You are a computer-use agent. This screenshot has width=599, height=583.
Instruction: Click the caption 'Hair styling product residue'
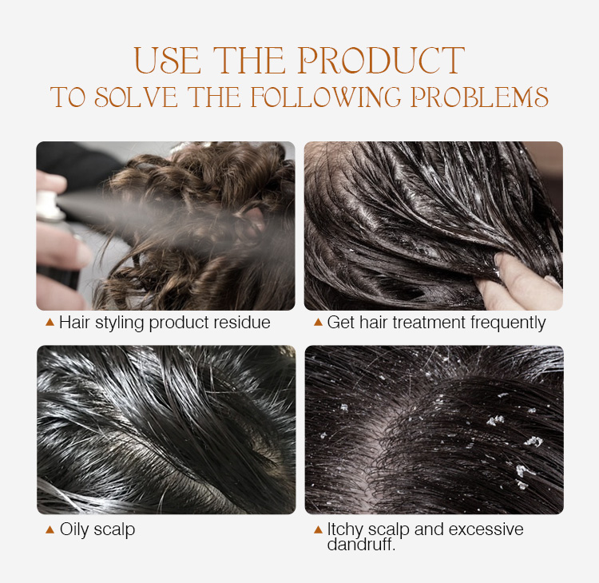165,323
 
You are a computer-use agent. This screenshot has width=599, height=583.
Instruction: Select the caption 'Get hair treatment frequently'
436,323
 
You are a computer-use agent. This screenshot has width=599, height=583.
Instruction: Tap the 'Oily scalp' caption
97,529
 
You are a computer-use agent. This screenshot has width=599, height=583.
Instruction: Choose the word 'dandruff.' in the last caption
362,545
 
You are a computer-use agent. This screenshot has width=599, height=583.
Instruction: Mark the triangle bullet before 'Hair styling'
50,323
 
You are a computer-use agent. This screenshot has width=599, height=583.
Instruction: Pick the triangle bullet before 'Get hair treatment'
318,323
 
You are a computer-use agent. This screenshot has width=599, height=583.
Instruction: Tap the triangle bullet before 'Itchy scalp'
318,529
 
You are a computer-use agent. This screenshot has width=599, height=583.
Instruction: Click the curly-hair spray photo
165,226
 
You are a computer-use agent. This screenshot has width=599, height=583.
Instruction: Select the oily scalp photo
165,430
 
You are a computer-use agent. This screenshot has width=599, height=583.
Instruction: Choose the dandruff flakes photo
434,430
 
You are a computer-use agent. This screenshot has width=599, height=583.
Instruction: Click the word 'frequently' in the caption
510,323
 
